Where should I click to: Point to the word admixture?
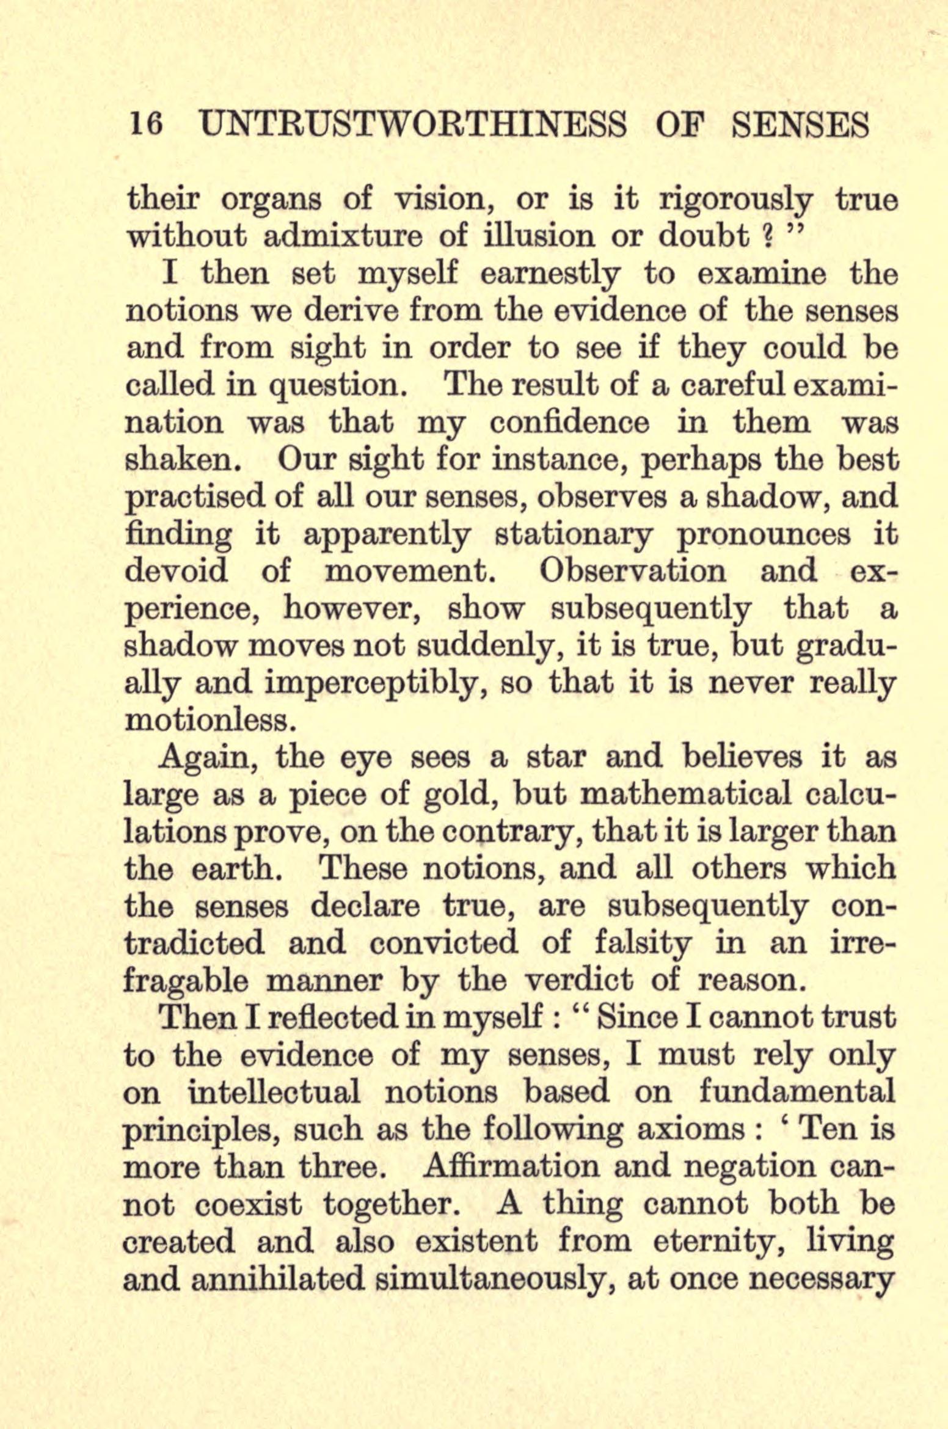[x=341, y=238]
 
